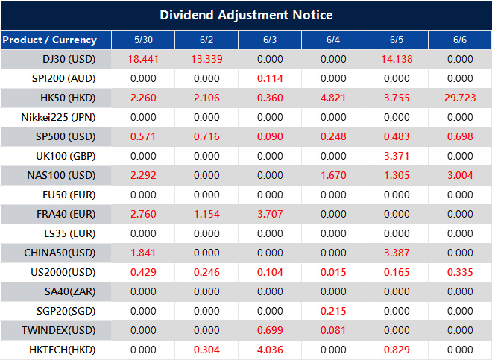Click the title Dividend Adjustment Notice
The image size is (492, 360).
[x=246, y=15]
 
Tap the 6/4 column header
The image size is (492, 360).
[x=332, y=40]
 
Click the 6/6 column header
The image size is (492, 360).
[x=460, y=40]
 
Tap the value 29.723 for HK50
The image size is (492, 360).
[x=460, y=98]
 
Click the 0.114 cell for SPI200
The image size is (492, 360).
[x=269, y=78]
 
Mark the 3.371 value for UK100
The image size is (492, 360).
[x=397, y=156]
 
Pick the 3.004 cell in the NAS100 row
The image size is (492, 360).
[x=460, y=175]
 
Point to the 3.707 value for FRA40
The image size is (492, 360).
[x=269, y=214]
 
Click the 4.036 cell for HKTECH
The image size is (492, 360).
[x=269, y=350]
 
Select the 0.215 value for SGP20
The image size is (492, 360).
[x=332, y=311]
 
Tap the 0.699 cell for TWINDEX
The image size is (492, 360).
[x=269, y=330]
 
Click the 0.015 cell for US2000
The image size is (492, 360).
[x=332, y=272]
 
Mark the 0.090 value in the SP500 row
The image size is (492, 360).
[x=269, y=136]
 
